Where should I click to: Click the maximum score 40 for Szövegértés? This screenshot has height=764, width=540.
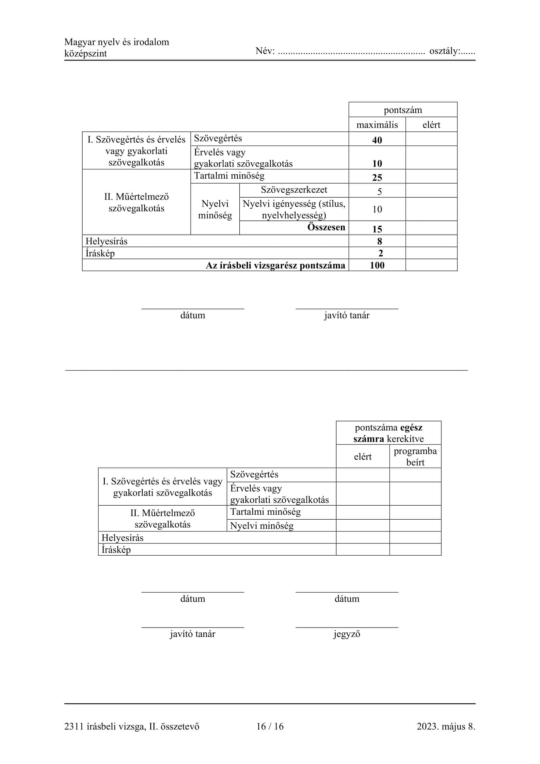pyautogui.click(x=377, y=140)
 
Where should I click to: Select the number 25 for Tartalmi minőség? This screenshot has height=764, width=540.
pyautogui.click(x=377, y=177)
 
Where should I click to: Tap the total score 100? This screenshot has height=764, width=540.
pyautogui.click(x=377, y=265)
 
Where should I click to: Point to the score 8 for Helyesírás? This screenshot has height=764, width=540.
pyautogui.click(x=379, y=241)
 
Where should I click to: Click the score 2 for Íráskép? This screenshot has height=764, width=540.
pyautogui.click(x=380, y=253)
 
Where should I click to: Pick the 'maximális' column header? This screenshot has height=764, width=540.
pyautogui.click(x=377, y=125)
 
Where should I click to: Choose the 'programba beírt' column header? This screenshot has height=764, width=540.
pyautogui.click(x=415, y=456)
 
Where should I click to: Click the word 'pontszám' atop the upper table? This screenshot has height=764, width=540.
pyautogui.click(x=403, y=110)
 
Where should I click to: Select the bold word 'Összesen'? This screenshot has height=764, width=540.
pyautogui.click(x=326, y=227)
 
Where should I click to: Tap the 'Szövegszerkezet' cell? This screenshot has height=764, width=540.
pyautogui.click(x=294, y=190)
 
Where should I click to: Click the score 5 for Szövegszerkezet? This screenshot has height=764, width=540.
pyautogui.click(x=379, y=191)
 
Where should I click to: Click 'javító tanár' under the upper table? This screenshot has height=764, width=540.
pyautogui.click(x=346, y=315)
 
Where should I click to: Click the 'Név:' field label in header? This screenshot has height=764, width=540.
pyautogui.click(x=265, y=51)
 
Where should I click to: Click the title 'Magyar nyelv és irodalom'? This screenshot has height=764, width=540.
pyautogui.click(x=116, y=42)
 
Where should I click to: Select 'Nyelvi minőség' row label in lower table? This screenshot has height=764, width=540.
pyautogui.click(x=262, y=526)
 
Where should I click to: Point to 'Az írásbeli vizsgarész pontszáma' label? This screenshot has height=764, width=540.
pyautogui.click(x=275, y=265)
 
